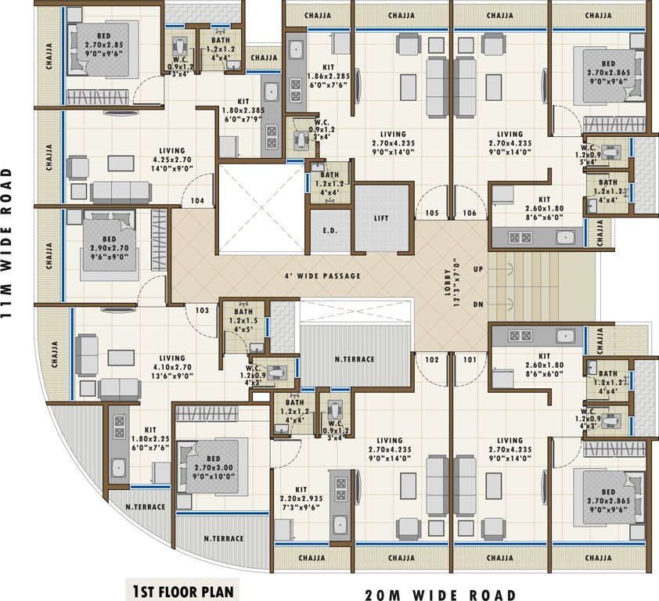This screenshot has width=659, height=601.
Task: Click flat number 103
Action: pos(202,311)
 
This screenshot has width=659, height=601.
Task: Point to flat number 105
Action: pos(431,213)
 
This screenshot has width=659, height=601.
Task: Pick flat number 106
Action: pos(469,213)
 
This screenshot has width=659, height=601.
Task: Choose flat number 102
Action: pos(431,360)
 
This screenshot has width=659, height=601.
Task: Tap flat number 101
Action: pos(469,360)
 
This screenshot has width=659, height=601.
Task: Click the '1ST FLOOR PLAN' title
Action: pos(182,589)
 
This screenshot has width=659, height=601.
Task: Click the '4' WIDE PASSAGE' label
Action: pos(322,276)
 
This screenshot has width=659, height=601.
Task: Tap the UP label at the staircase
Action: pos(478,268)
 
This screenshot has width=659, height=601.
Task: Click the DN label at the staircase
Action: pos(478,304)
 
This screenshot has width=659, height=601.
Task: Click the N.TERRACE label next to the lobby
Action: pos(355,359)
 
